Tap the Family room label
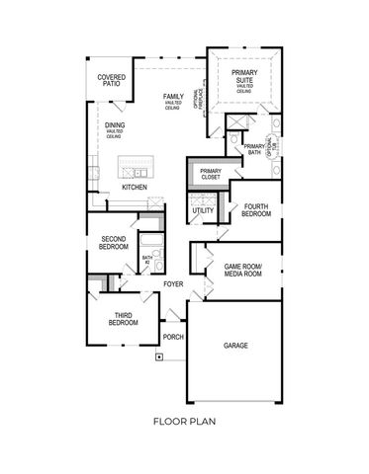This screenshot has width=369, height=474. tap(174, 99)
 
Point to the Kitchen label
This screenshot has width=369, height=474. tap(136, 187)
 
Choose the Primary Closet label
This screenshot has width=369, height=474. tap(211, 175)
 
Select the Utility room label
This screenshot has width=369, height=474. tap(202, 210)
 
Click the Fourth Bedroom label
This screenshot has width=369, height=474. tap(256, 210)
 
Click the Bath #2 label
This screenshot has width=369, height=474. tap(147, 259)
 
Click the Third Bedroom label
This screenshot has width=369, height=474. tap(124, 319)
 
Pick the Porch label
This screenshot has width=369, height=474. tap(173, 337)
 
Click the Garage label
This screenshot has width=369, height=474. tap(235, 346)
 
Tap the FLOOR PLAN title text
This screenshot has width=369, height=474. tap(185, 421)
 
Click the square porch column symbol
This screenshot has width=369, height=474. tap(159, 359)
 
